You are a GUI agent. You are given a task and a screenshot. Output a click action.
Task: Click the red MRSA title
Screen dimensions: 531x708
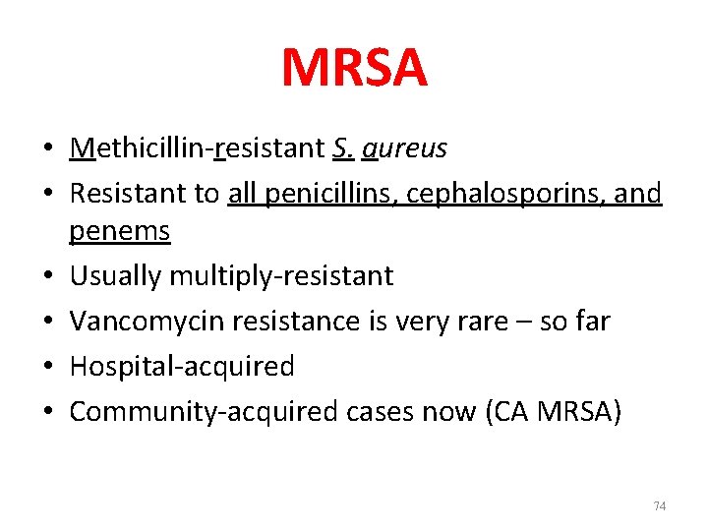point(354,68)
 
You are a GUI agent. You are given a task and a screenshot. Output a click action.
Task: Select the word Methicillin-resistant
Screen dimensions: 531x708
point(192,148)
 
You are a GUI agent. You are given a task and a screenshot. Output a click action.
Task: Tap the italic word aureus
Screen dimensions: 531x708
point(404,149)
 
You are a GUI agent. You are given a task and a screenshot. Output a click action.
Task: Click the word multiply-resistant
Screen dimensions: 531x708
point(281,276)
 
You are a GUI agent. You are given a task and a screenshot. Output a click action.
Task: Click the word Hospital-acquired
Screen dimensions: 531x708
point(182,367)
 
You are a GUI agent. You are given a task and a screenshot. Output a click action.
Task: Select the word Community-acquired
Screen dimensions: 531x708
point(203,412)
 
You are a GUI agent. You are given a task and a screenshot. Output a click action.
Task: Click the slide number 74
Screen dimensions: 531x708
point(659,506)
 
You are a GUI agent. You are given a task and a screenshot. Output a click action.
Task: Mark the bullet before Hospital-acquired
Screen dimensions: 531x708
point(48,367)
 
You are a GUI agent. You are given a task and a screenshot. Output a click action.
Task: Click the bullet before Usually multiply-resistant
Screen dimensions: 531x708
point(48,276)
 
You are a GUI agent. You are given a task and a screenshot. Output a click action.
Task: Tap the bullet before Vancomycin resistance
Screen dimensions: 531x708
point(48,322)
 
